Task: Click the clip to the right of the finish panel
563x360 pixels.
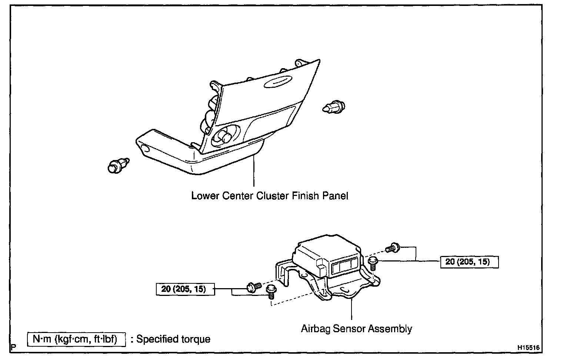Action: [334, 107]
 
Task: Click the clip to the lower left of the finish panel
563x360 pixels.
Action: [117, 165]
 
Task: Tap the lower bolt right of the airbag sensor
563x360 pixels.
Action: [373, 263]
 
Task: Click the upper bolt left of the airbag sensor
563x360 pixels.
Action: [254, 287]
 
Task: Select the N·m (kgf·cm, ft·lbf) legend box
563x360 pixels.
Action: [77, 339]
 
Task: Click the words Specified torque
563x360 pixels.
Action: [173, 339]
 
